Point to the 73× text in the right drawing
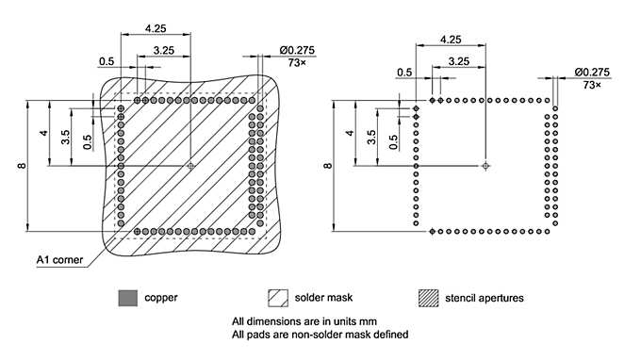[593, 85]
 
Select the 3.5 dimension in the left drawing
[65, 136]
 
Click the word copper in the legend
[160, 298]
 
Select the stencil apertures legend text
[484, 298]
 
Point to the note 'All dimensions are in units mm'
[304, 320]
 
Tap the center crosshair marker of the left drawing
[191, 166]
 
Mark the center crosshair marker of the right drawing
[485, 166]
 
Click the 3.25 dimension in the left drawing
[162, 49]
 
